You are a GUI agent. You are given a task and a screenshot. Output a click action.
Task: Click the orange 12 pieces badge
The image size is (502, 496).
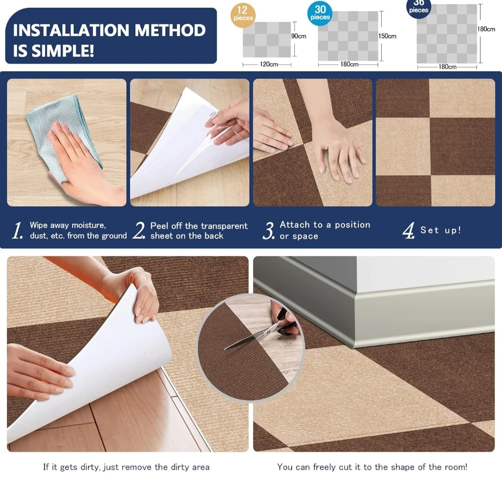pyautogui.click(x=243, y=15)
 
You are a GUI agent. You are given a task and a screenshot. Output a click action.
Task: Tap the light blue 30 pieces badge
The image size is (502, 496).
pyautogui.click(x=320, y=13)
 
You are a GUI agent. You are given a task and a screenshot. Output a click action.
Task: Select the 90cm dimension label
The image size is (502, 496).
pyautogui.click(x=298, y=36)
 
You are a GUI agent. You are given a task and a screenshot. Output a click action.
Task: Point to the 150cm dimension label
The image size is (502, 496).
pyautogui.click(x=387, y=36)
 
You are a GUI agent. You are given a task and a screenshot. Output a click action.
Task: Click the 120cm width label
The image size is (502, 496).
pyautogui.click(x=269, y=64)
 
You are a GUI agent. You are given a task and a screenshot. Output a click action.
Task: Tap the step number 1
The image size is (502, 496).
pyautogui.click(x=17, y=231)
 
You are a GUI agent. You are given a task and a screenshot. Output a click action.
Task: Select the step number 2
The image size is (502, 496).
pyautogui.click(x=139, y=231)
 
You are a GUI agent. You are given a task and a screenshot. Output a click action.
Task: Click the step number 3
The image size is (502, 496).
pyautogui.click(x=269, y=231)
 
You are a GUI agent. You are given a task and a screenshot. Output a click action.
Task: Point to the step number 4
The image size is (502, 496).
pyautogui.click(x=409, y=231)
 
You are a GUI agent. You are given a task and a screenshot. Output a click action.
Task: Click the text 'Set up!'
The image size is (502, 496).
pyautogui.click(x=441, y=230)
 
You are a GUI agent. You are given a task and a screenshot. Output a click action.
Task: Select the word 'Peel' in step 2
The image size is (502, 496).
pyautogui.click(x=159, y=226)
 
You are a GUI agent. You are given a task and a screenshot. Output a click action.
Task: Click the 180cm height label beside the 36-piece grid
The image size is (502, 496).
pyautogui.click(x=486, y=29)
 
